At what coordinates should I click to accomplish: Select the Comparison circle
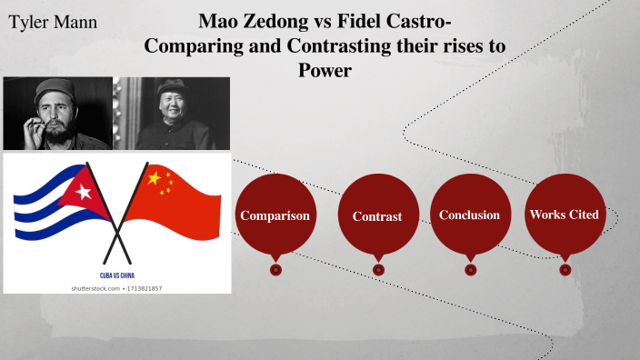pos(275,215)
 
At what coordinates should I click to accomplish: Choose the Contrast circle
pos(377,216)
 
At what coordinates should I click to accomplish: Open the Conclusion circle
pos(469,215)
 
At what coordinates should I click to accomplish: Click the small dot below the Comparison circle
pos(275,269)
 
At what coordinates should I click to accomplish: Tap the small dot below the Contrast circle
pos(378,269)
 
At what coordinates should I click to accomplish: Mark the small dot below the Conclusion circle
pos(470,269)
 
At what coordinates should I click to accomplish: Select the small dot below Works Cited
pos(565,269)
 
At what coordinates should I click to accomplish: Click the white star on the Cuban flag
pos(84,192)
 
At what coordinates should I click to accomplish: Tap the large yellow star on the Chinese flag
pos(154,178)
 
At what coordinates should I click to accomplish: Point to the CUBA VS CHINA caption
pos(117,274)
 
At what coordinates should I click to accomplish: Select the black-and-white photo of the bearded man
pos(57,113)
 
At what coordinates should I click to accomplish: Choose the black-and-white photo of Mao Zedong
pos(173,113)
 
